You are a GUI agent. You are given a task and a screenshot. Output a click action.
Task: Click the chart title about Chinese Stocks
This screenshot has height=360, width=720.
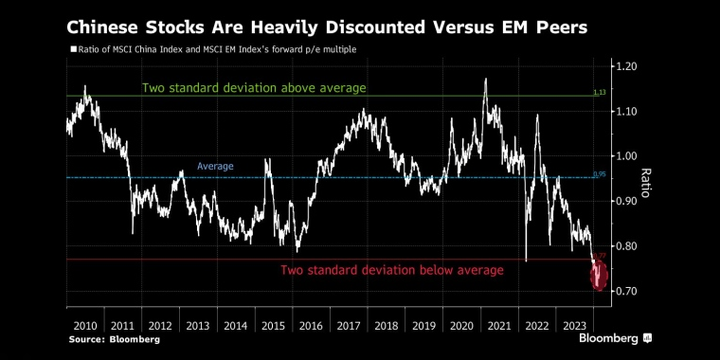click(x=326, y=27)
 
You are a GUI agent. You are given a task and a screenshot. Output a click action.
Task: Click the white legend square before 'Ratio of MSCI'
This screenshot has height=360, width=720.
click(x=73, y=49)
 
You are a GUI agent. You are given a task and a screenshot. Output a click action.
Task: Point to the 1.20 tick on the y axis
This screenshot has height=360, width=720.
click(x=628, y=66)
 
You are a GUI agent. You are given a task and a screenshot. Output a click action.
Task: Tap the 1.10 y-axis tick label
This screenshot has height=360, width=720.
click(x=628, y=112)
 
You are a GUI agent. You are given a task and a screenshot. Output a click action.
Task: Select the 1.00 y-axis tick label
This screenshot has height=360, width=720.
click(x=628, y=156)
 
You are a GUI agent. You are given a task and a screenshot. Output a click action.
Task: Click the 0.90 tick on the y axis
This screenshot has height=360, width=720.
click(x=628, y=202)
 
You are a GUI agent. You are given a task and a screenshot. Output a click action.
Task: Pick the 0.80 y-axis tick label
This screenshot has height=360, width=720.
click(x=628, y=246)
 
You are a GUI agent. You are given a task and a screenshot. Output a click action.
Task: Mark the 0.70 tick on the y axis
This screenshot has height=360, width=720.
click(x=628, y=292)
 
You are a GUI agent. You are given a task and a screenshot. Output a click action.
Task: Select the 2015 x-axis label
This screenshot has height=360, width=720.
click(x=274, y=325)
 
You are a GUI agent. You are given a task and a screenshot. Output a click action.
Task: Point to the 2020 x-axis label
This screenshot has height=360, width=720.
click(x=461, y=325)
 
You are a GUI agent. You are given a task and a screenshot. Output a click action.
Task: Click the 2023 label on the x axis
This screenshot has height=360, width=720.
click(x=574, y=325)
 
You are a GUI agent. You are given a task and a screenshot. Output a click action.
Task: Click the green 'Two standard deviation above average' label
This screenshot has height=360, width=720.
click(x=254, y=88)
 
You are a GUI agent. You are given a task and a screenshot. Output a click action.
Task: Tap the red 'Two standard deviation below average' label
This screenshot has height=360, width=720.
click(x=391, y=271)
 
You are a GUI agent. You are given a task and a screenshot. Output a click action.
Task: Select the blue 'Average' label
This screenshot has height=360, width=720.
click(x=215, y=167)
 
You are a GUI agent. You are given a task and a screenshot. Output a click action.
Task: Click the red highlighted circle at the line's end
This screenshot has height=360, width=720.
click(x=600, y=276)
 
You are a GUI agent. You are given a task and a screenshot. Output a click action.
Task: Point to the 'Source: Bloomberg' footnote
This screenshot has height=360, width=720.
click(x=113, y=339)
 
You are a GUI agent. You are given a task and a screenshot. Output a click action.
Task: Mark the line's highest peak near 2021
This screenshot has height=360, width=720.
click(x=486, y=80)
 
